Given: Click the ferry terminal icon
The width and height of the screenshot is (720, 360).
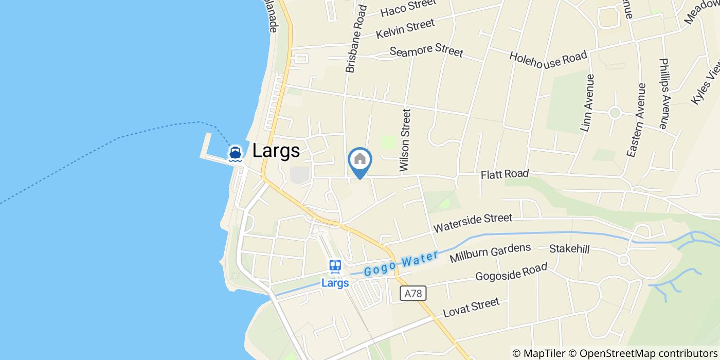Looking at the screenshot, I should (x=236, y=153).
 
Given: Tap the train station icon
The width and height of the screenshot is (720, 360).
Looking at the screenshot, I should (x=335, y=266).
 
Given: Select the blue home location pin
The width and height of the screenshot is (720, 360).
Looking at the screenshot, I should (x=360, y=161).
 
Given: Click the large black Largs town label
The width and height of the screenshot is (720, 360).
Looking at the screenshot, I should (x=276, y=151).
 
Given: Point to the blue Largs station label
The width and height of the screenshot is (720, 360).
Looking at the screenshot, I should (x=335, y=283).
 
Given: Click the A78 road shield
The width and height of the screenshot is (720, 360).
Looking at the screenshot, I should (x=413, y=294).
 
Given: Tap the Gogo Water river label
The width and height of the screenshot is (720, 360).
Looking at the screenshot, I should (x=401, y=263).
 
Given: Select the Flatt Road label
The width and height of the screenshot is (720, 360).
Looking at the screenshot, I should (x=505, y=174).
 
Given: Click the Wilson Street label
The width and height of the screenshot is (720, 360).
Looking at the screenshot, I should (x=405, y=140).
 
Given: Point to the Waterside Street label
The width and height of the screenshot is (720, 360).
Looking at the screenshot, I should (x=473, y=223).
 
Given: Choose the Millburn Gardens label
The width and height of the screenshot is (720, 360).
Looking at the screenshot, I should (x=490, y=253).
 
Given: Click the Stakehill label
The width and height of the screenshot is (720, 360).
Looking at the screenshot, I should (x=569, y=249).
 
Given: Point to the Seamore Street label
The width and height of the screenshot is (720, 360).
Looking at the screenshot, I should (x=426, y=51).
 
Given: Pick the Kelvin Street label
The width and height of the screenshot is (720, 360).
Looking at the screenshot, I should (x=405, y=28).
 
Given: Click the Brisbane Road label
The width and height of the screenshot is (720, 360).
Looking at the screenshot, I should (x=356, y=39).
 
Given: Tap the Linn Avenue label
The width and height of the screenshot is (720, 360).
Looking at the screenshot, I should (x=587, y=103).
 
